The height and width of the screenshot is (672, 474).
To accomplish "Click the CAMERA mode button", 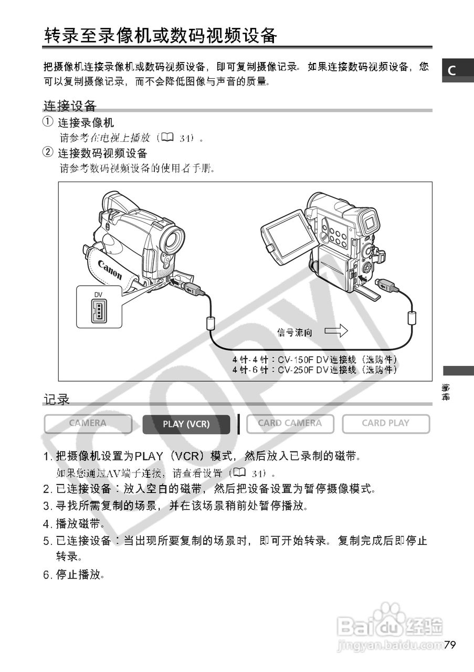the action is tap(88, 424).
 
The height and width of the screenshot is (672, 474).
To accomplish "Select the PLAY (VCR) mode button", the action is tap(186, 424).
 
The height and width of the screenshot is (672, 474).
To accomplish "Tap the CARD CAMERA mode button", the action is tap(290, 424).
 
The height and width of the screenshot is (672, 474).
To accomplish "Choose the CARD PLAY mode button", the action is tap(386, 424).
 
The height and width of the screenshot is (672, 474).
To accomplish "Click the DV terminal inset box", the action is tap(99, 307).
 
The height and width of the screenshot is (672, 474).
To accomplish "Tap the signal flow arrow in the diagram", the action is tap(336, 331).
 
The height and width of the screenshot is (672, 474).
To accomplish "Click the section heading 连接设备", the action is tap(70, 106).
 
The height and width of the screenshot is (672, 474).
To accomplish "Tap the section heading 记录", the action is tap(57, 400).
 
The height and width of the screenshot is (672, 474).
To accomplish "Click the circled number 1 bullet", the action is tap(48, 122).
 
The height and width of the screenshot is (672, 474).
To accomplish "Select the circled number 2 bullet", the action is tap(48, 153).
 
